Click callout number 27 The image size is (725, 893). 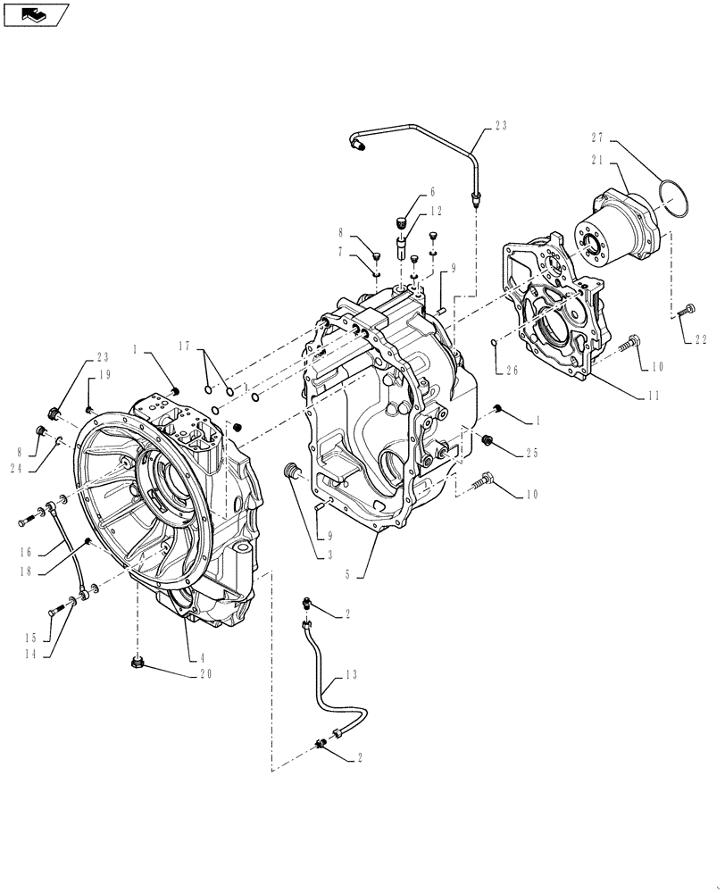(x=598, y=137)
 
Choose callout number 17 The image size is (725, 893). (x=185, y=344)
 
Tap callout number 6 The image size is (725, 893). (x=432, y=191)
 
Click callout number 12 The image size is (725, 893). (x=437, y=211)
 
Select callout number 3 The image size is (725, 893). (x=330, y=555)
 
